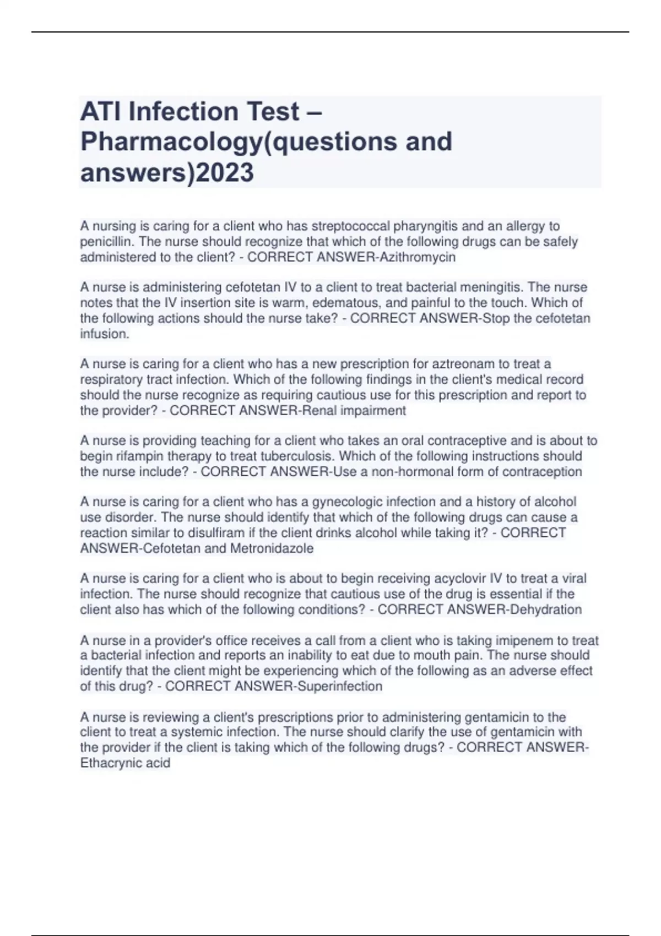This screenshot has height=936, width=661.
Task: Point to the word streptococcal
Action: click(x=350, y=226)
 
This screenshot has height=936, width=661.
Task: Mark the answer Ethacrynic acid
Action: click(x=125, y=763)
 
